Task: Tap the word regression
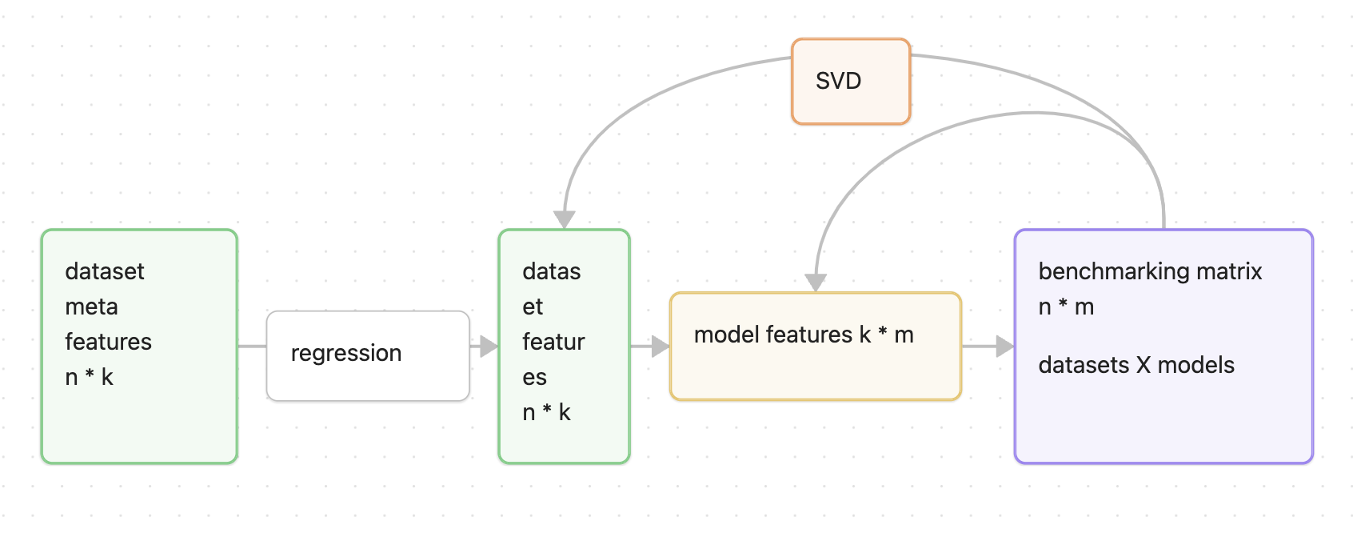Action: pos(346,353)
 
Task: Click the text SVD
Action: pos(838,81)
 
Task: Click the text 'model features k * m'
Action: pos(804,335)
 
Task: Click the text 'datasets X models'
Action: pos(1135,365)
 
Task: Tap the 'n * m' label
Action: pos(1065,307)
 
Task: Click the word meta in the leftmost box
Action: pos(91,307)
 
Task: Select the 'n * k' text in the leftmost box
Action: pos(89,377)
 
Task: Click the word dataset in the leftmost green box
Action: pos(105,271)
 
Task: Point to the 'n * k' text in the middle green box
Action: pos(546,412)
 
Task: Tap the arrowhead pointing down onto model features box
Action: pos(816,283)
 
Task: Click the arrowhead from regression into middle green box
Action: pos(489,347)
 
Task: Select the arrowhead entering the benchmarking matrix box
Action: pos(1004,347)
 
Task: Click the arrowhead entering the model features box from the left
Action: pos(661,347)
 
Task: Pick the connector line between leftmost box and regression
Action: pos(252,347)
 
